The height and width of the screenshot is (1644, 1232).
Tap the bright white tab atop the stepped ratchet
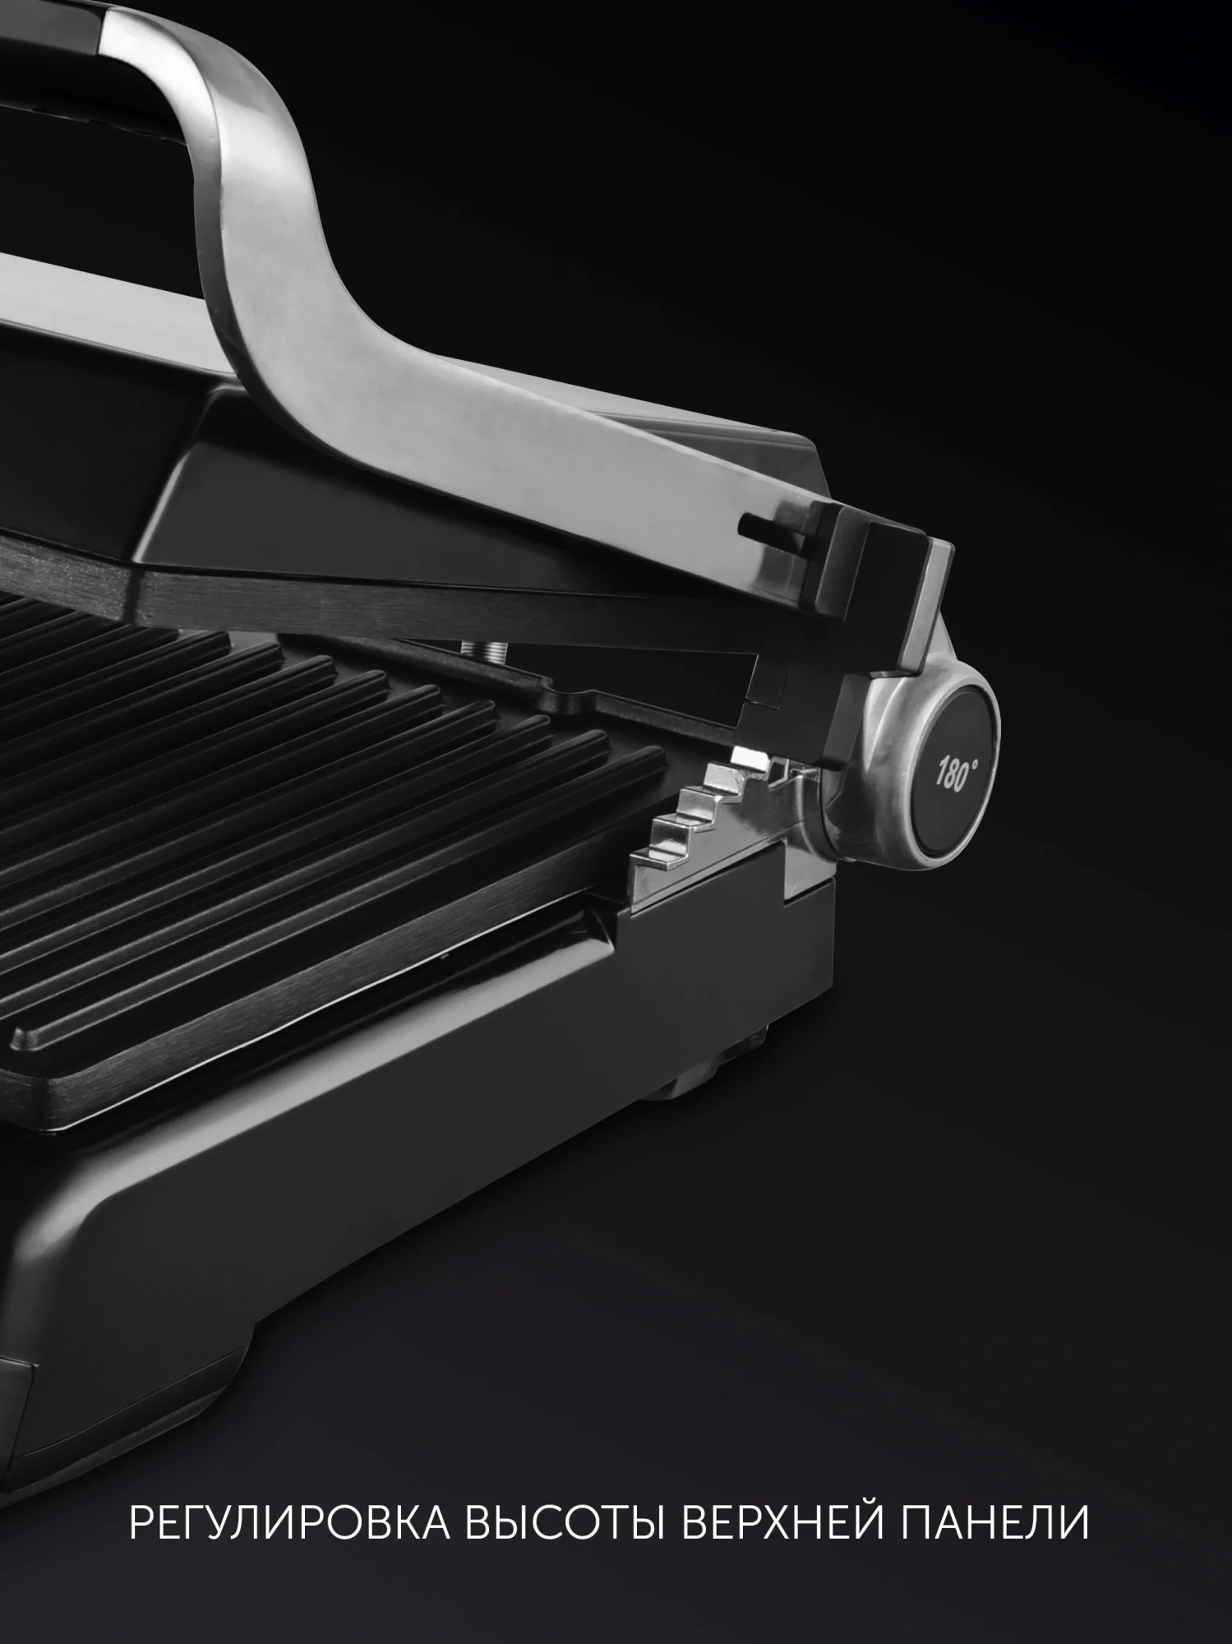[x=747, y=754]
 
